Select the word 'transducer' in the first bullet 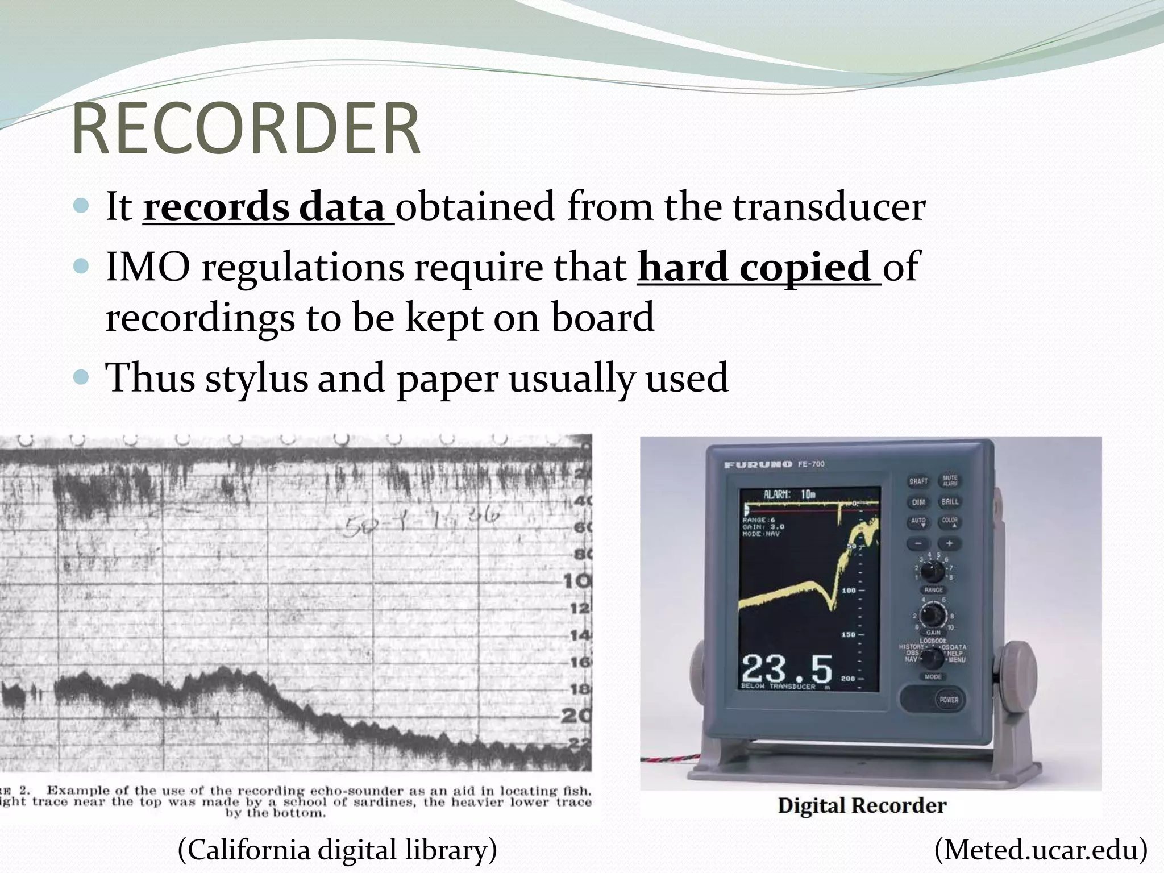tap(829, 207)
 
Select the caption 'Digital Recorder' tap(862, 805)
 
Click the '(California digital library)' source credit tap(338, 850)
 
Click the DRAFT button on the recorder tap(918, 481)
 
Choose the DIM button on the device tap(918, 502)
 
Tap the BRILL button tap(950, 502)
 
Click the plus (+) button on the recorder tap(949, 543)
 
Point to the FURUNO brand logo tap(758, 464)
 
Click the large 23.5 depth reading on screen tap(787, 668)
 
